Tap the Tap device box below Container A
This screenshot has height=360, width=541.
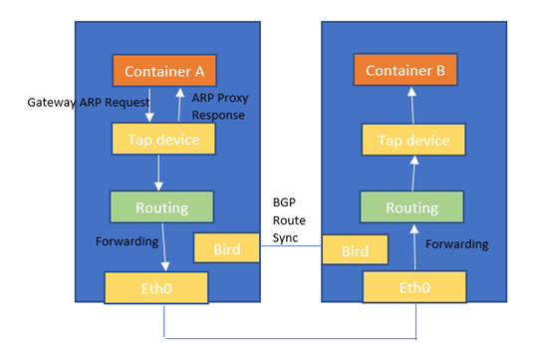coord(163,139)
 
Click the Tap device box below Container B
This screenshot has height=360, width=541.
coord(411,141)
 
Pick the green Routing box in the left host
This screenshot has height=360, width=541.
coord(161,207)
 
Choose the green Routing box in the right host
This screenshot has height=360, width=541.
coord(411,207)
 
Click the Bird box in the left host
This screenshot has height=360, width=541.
coord(226,248)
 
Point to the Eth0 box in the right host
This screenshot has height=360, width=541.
coord(411,288)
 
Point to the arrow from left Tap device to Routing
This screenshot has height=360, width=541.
coord(159,173)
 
